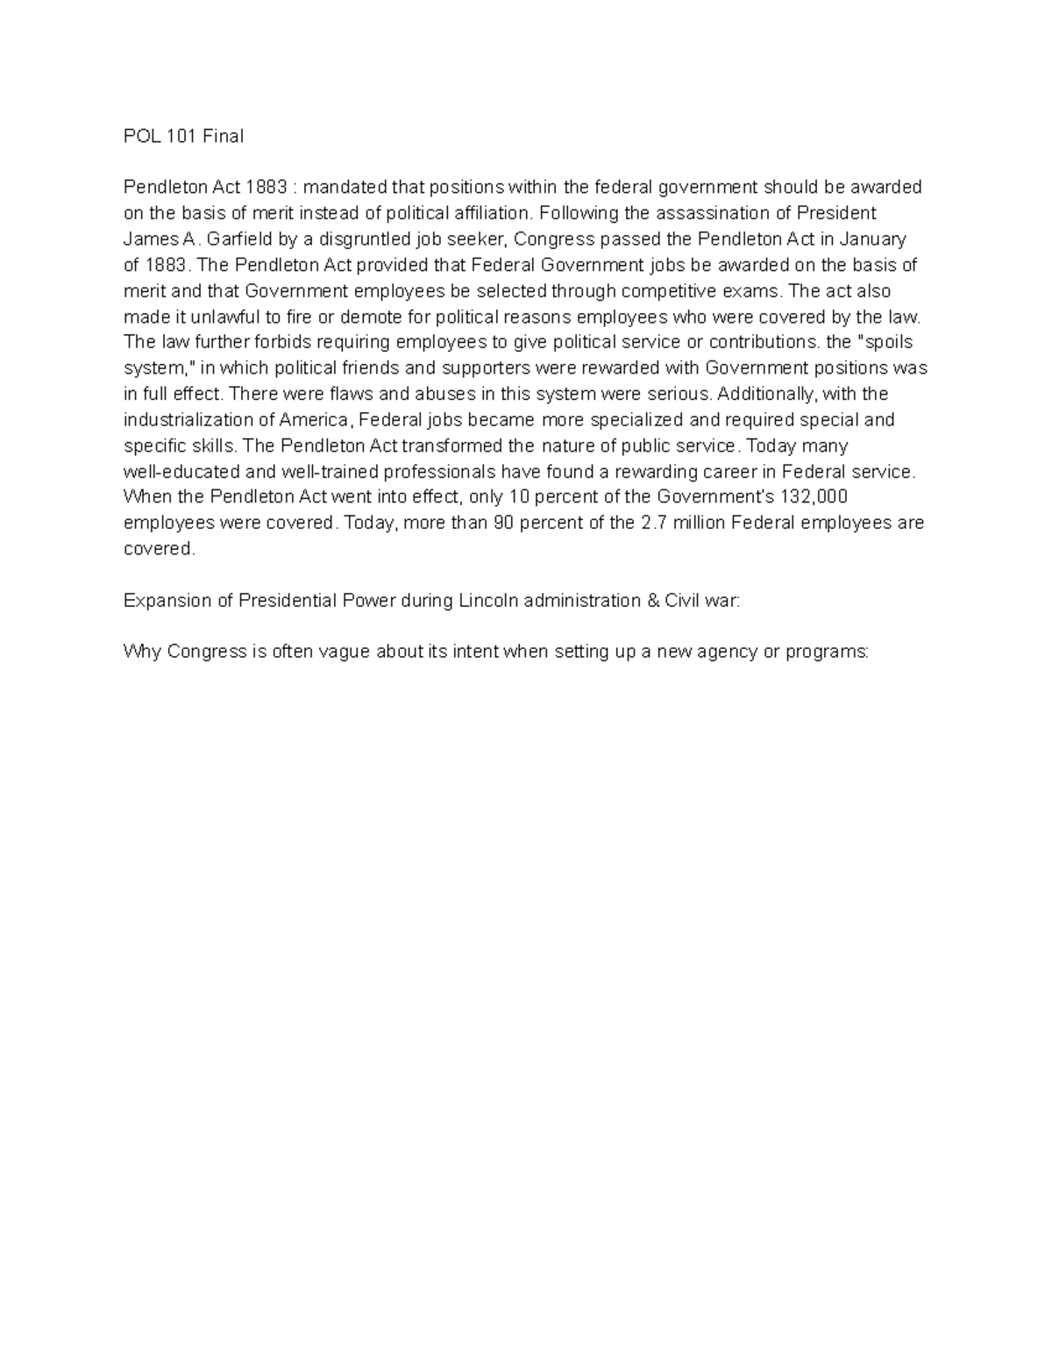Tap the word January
pyautogui.click(x=873, y=239)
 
